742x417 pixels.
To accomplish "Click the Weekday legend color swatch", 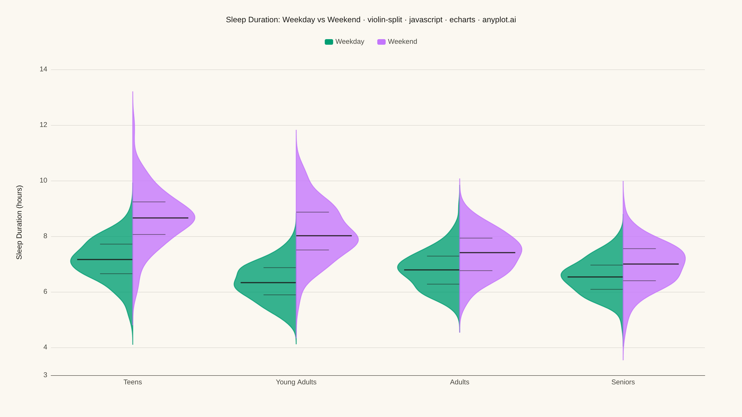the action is click(x=329, y=42).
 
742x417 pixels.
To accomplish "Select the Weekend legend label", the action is click(x=402, y=42).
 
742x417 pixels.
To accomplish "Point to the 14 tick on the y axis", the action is click(x=44, y=69).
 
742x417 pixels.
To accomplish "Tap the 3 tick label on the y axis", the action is click(x=45, y=375).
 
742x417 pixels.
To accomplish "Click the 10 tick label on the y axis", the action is click(x=44, y=180).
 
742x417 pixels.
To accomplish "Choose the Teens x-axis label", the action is click(x=133, y=382).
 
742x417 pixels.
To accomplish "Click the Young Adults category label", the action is click(x=296, y=382).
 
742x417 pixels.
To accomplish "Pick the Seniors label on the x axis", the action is click(x=623, y=382).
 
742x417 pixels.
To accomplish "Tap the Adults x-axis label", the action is click(x=460, y=382).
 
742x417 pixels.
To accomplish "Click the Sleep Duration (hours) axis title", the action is click(x=19, y=222).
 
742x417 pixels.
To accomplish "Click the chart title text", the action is click(x=371, y=19).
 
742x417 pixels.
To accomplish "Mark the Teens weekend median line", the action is click(x=160, y=218).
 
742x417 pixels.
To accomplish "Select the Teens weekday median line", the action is click(x=105, y=259).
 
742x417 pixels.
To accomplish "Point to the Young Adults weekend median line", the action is click(x=324, y=236).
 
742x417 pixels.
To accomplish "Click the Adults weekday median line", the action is click(x=432, y=270).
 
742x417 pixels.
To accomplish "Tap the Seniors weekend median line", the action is click(x=651, y=264).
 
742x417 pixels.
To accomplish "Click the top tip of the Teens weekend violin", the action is click(x=133, y=92).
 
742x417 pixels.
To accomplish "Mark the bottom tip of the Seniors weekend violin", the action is click(x=623, y=360).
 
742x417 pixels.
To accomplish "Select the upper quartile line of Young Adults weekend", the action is click(x=313, y=212).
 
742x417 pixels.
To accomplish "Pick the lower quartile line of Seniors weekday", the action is click(x=607, y=289).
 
